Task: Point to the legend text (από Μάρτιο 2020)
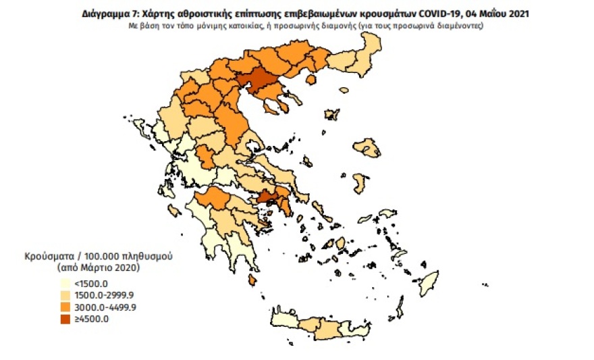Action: (99, 268)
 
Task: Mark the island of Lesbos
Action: (367, 148)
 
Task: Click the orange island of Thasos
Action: (311, 80)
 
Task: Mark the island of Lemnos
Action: (330, 116)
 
